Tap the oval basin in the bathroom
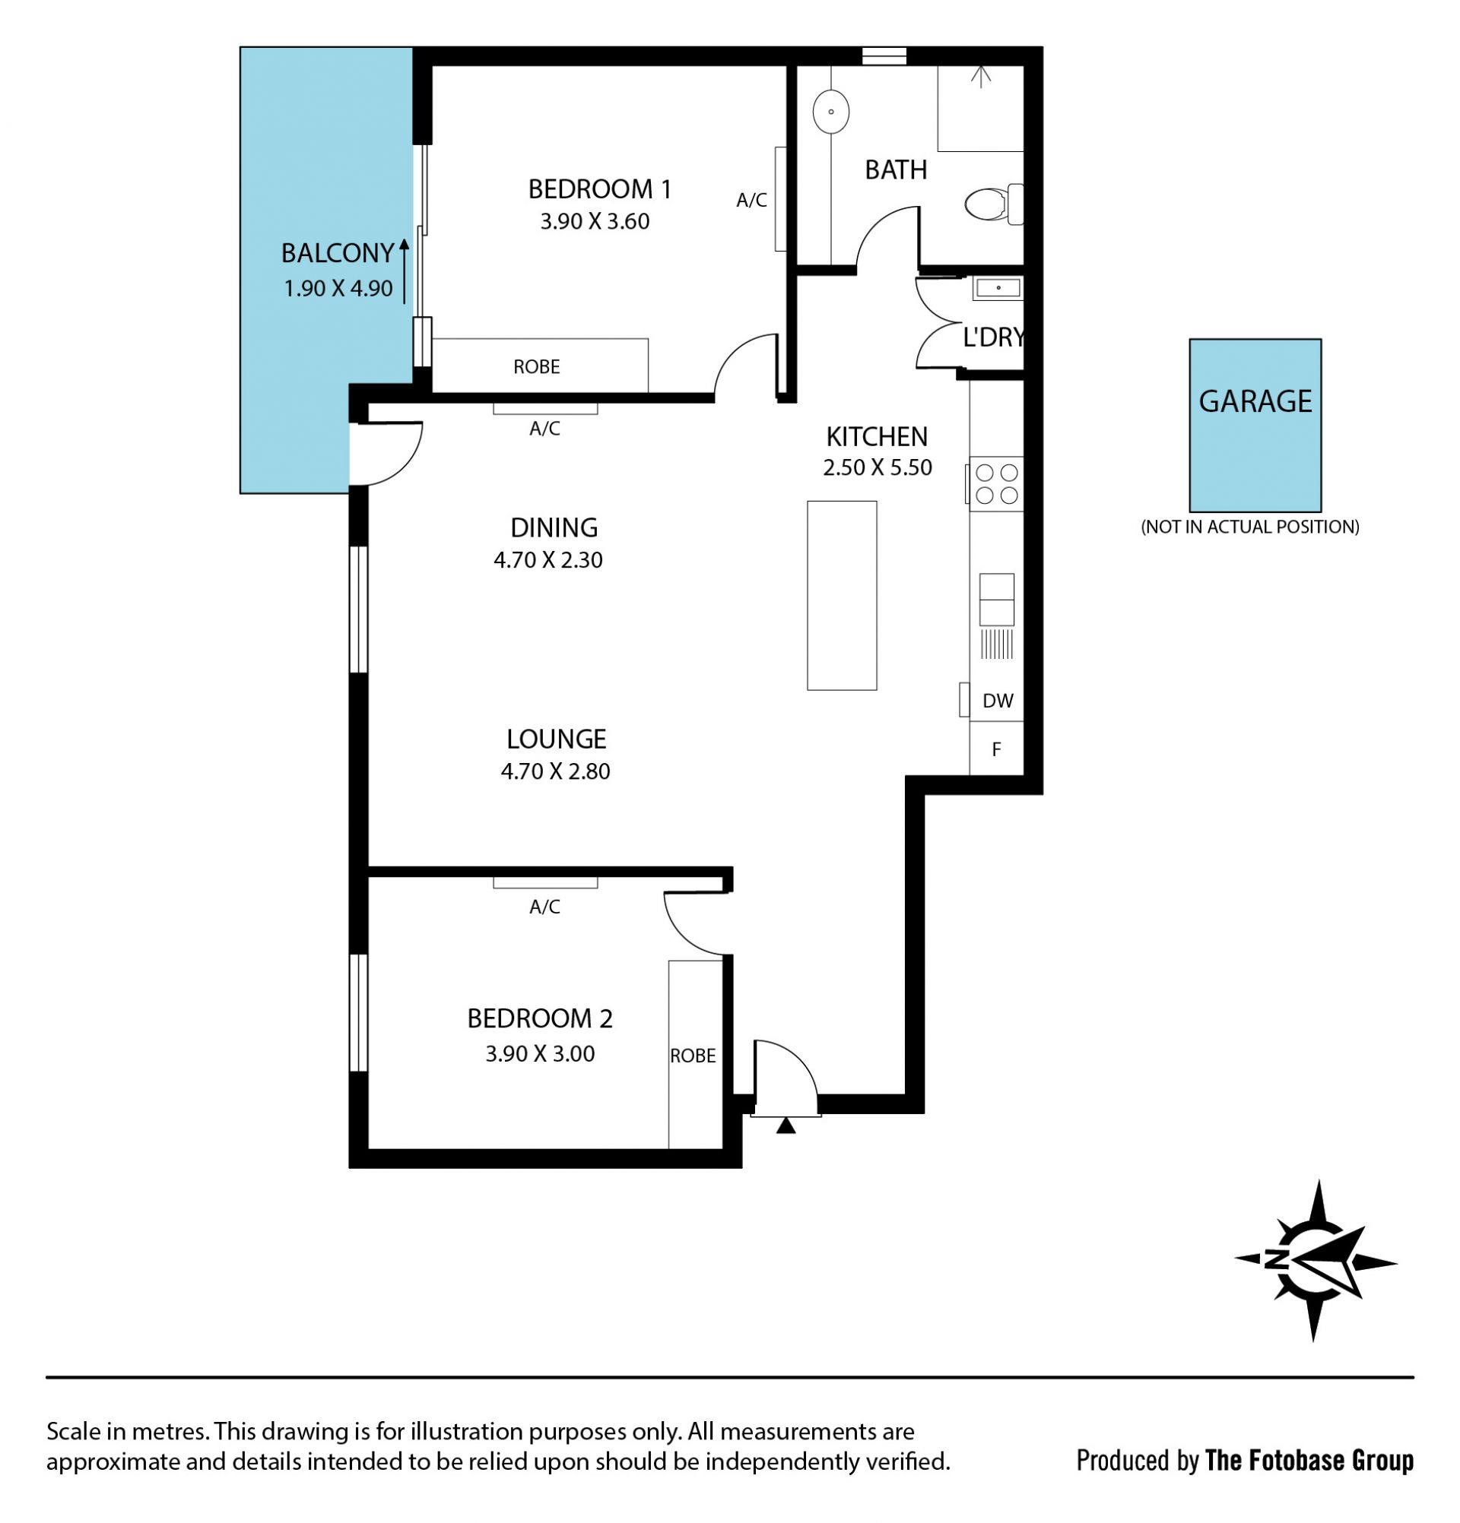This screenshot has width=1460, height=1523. pyautogui.click(x=831, y=112)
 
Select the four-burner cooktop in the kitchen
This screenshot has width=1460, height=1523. pyautogui.click(x=996, y=483)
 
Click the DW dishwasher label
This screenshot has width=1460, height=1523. pyautogui.click(x=998, y=701)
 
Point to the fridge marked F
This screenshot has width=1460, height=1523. pyautogui.click(x=996, y=749)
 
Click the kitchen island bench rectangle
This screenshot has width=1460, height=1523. pyautogui.click(x=842, y=595)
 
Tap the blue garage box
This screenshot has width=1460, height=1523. pyautogui.click(x=1255, y=425)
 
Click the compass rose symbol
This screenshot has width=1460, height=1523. pyautogui.click(x=1316, y=1260)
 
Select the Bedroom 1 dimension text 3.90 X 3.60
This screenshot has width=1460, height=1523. pyautogui.click(x=595, y=222)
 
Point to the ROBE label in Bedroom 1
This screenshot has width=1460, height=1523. pyautogui.click(x=536, y=367)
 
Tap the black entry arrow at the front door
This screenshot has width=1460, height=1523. pyautogui.click(x=786, y=1126)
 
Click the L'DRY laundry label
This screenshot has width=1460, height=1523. pyautogui.click(x=993, y=338)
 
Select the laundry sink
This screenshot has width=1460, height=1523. pyautogui.click(x=998, y=288)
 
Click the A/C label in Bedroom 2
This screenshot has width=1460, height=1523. pyautogui.click(x=544, y=907)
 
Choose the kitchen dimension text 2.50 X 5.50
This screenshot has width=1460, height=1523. pyautogui.click(x=877, y=468)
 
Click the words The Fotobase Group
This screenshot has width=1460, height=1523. pyautogui.click(x=1309, y=1461)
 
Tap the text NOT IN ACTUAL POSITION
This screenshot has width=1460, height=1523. pyautogui.click(x=1250, y=527)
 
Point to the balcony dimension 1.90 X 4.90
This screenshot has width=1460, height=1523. pyautogui.click(x=338, y=289)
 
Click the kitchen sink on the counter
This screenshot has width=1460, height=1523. pyautogui.click(x=997, y=600)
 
